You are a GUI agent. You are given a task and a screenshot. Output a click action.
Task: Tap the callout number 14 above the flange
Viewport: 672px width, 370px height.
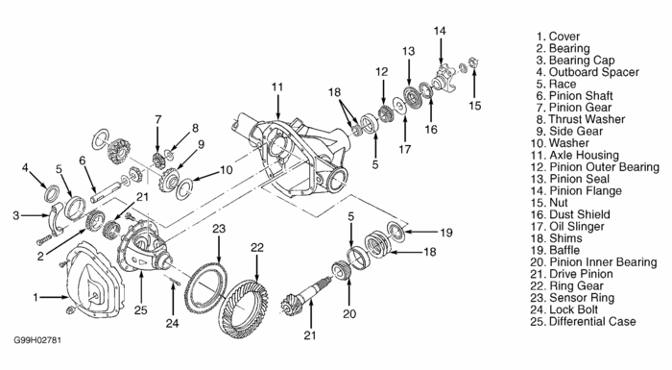pos(440,31)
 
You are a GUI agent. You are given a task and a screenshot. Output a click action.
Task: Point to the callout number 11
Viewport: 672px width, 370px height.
pos(277,87)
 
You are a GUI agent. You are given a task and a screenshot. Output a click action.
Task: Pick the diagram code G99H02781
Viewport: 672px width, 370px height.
pos(37,340)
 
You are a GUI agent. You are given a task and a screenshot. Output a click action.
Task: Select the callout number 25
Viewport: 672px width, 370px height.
pos(140,309)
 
